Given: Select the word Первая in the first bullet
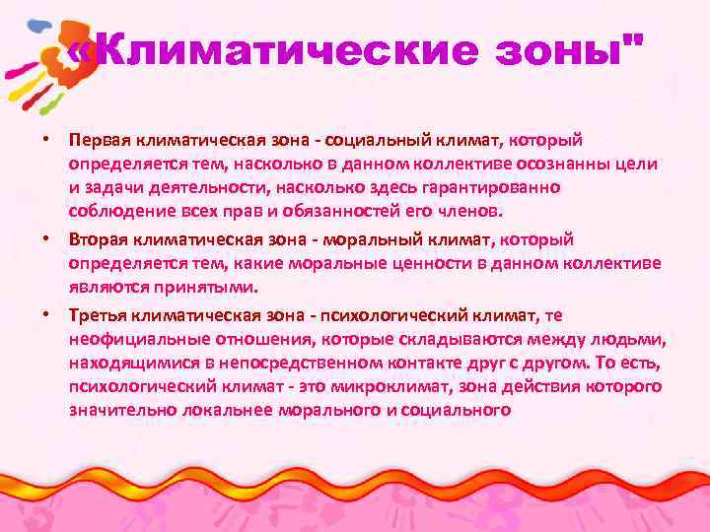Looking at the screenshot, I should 99,143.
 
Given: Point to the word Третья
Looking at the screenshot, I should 99,315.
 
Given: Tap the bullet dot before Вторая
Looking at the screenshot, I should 45,239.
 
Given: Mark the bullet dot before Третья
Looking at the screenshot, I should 45,314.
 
